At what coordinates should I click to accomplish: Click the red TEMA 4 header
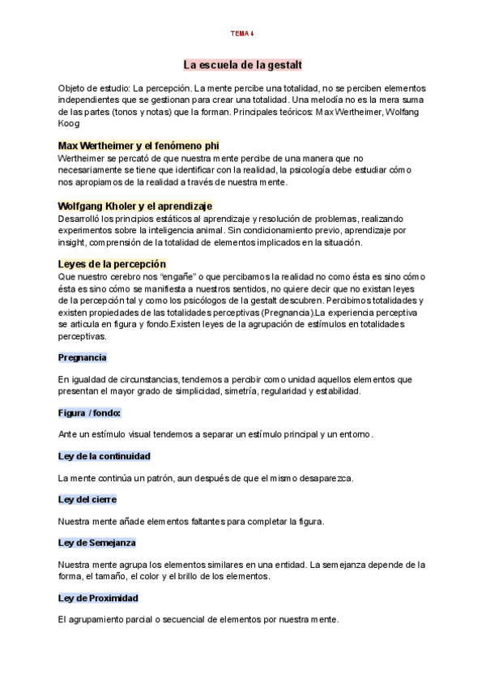click(x=242, y=33)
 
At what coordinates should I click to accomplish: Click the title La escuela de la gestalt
click(x=242, y=64)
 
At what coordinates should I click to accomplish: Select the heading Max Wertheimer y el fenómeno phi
click(x=139, y=145)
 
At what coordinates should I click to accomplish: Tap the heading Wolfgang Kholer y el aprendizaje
click(x=135, y=207)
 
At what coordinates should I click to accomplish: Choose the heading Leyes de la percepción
click(x=112, y=264)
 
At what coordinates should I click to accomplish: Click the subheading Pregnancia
click(x=83, y=357)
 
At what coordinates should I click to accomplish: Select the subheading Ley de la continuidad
click(x=104, y=456)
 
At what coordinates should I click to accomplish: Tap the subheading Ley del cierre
click(x=87, y=500)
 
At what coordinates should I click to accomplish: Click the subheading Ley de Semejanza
click(x=96, y=543)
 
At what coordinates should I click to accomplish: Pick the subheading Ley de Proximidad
click(x=98, y=598)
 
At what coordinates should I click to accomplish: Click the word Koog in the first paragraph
click(x=70, y=123)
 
